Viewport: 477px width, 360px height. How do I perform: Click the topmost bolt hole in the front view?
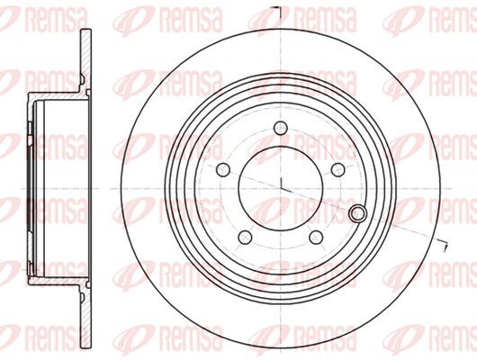(x=280, y=128)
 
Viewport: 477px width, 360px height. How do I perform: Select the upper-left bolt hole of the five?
(x=222, y=169)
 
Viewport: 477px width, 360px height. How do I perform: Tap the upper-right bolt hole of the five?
(x=337, y=169)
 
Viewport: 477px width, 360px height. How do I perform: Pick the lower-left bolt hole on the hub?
(x=245, y=237)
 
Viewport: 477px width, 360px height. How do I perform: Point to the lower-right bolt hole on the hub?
(x=316, y=237)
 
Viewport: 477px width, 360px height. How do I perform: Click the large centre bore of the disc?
(x=280, y=188)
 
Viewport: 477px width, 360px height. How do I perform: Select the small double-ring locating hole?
(x=357, y=213)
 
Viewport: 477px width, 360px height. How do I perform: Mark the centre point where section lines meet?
(x=281, y=188)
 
